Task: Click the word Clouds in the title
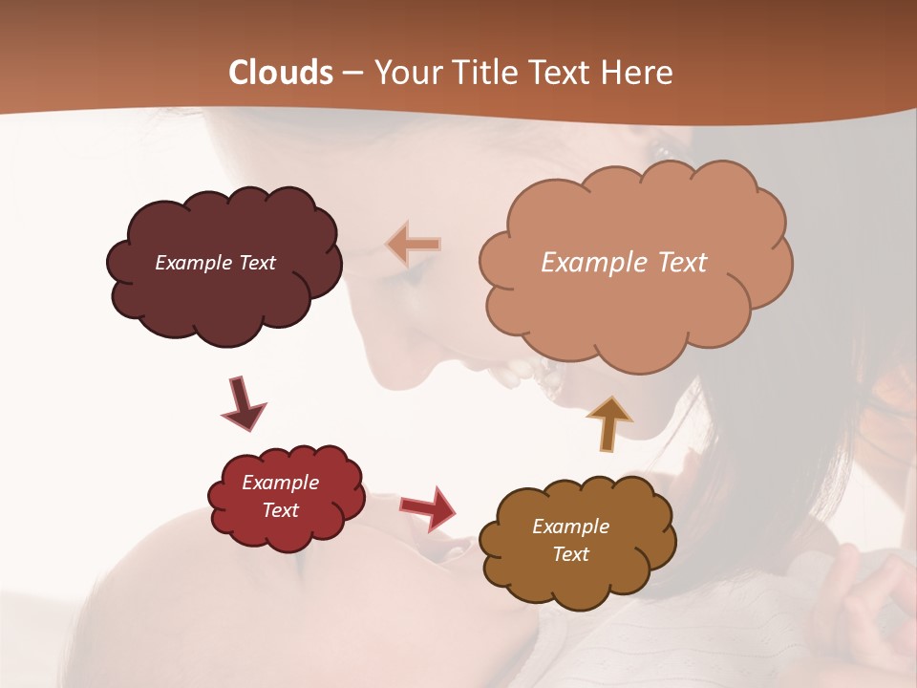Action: tap(281, 73)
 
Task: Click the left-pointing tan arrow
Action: tap(414, 245)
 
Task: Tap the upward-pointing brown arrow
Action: tap(608, 422)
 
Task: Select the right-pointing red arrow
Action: tap(428, 507)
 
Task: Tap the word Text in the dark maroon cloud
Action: tap(256, 263)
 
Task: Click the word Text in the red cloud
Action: tap(281, 510)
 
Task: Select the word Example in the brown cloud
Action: tap(570, 527)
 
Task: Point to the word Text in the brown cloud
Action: tap(570, 554)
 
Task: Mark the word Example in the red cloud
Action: tap(280, 483)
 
